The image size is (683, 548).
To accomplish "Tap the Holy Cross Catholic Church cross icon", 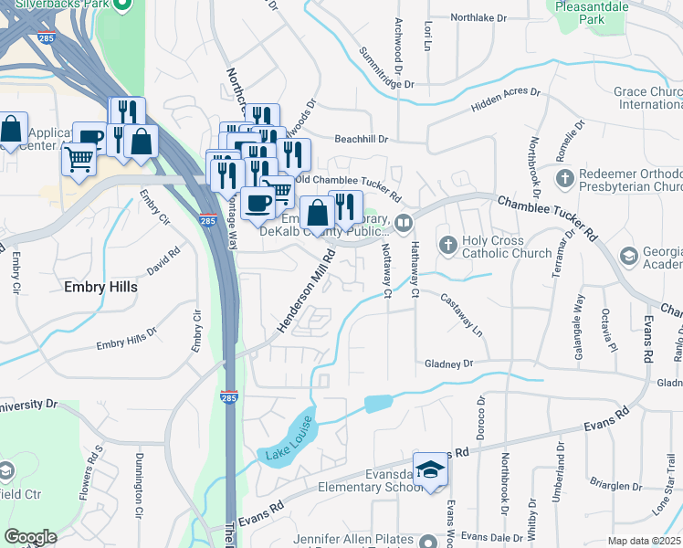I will pyautogui.click(x=447, y=245).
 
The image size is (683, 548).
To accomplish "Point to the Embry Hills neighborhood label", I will pyautogui.click(x=100, y=287).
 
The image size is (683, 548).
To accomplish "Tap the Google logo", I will pyautogui.click(x=30, y=537).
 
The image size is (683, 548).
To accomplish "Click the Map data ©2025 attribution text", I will pyautogui.click(x=644, y=541).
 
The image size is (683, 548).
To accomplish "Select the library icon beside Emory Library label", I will pyautogui.click(x=404, y=222).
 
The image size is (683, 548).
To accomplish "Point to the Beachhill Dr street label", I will pyautogui.click(x=362, y=140).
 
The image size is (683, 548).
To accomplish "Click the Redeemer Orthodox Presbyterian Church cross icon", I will pyautogui.click(x=565, y=176).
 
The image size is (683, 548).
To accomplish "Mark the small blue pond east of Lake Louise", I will pyautogui.click(x=377, y=402).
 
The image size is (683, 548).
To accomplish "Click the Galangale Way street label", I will pyautogui.click(x=578, y=311).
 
